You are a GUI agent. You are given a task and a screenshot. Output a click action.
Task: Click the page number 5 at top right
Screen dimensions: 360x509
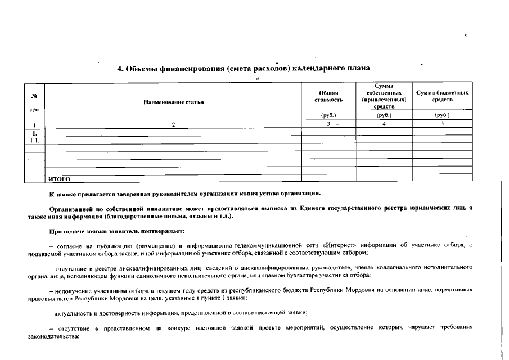tap(465, 36)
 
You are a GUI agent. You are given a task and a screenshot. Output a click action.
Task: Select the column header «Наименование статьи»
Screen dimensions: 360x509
tap(174, 102)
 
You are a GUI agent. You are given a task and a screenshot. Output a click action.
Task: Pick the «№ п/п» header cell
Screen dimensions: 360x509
tap(34, 102)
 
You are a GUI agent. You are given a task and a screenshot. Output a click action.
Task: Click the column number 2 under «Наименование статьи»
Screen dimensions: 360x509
tap(174, 125)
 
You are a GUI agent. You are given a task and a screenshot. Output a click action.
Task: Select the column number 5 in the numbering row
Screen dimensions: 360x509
tap(442, 124)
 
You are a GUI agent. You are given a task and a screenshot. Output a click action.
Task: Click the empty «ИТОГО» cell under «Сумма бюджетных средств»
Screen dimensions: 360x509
tap(442, 179)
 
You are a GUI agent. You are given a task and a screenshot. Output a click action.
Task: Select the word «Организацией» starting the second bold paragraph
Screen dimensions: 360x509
tap(71, 209)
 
